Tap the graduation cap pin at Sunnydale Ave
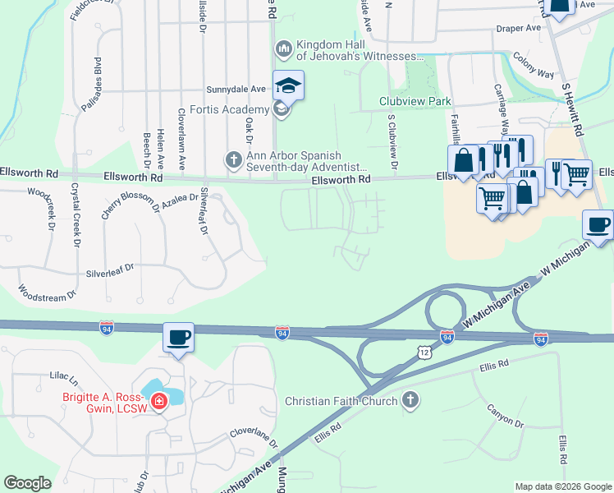click(x=289, y=85)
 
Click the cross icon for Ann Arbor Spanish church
click(x=233, y=159)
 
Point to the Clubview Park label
click(x=415, y=101)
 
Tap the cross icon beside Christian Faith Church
click(x=410, y=401)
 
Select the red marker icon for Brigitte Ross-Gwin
click(x=160, y=402)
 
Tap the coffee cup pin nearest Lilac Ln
click(x=178, y=338)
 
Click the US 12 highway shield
click(x=423, y=352)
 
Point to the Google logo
click(x=27, y=483)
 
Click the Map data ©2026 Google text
click(x=563, y=486)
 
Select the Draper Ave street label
click(x=518, y=28)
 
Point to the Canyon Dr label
click(x=505, y=417)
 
